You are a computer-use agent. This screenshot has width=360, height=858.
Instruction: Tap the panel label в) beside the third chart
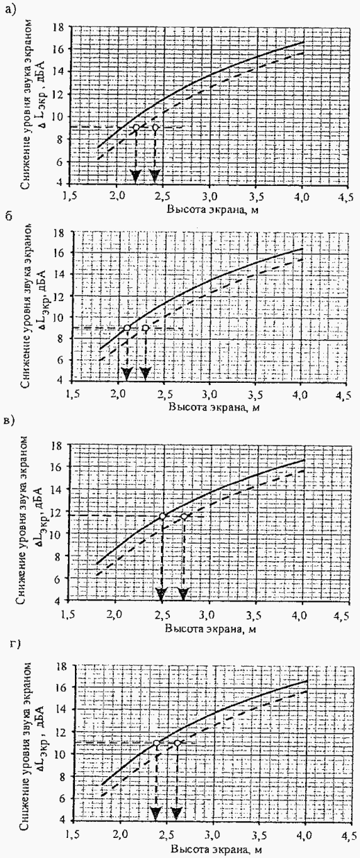pos(9,421)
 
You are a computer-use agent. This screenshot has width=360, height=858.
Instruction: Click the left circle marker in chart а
pos(136,128)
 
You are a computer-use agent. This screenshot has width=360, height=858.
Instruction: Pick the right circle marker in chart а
pos(155,128)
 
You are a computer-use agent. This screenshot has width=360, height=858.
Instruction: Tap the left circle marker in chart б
pos(127,328)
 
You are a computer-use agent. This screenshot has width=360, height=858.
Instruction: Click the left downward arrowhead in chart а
pos(135,177)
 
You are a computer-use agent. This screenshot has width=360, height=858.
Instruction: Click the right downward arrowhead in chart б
pos(145,373)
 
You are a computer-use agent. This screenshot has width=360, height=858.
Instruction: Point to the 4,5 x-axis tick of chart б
pos(343,395)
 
